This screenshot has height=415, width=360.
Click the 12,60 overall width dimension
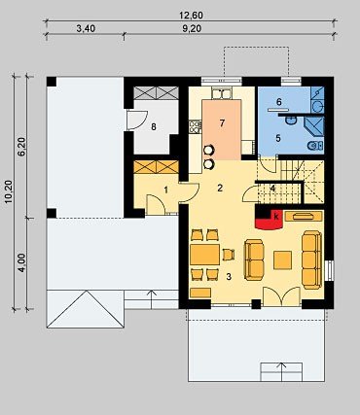click(191, 15)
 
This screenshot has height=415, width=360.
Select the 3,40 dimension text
click(86, 28)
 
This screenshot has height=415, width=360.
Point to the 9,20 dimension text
click(192, 28)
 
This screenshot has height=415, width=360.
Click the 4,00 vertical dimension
click(21, 262)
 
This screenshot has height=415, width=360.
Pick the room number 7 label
click(222, 123)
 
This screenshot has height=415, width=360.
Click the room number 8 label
click(154, 126)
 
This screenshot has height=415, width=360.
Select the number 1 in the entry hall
click(166, 190)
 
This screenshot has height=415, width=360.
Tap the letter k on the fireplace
click(276, 217)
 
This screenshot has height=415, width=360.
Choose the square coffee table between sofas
click(282, 260)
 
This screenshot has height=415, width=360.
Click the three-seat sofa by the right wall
click(311, 259)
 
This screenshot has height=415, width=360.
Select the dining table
click(205, 255)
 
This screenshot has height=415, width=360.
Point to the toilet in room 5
click(314, 146)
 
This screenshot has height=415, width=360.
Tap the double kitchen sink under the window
click(222, 93)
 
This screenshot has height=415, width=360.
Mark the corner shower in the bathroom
click(313, 126)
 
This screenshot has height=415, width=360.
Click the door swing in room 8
click(137, 120)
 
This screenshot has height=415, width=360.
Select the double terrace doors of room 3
click(281, 296)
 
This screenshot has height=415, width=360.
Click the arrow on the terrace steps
click(282, 371)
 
